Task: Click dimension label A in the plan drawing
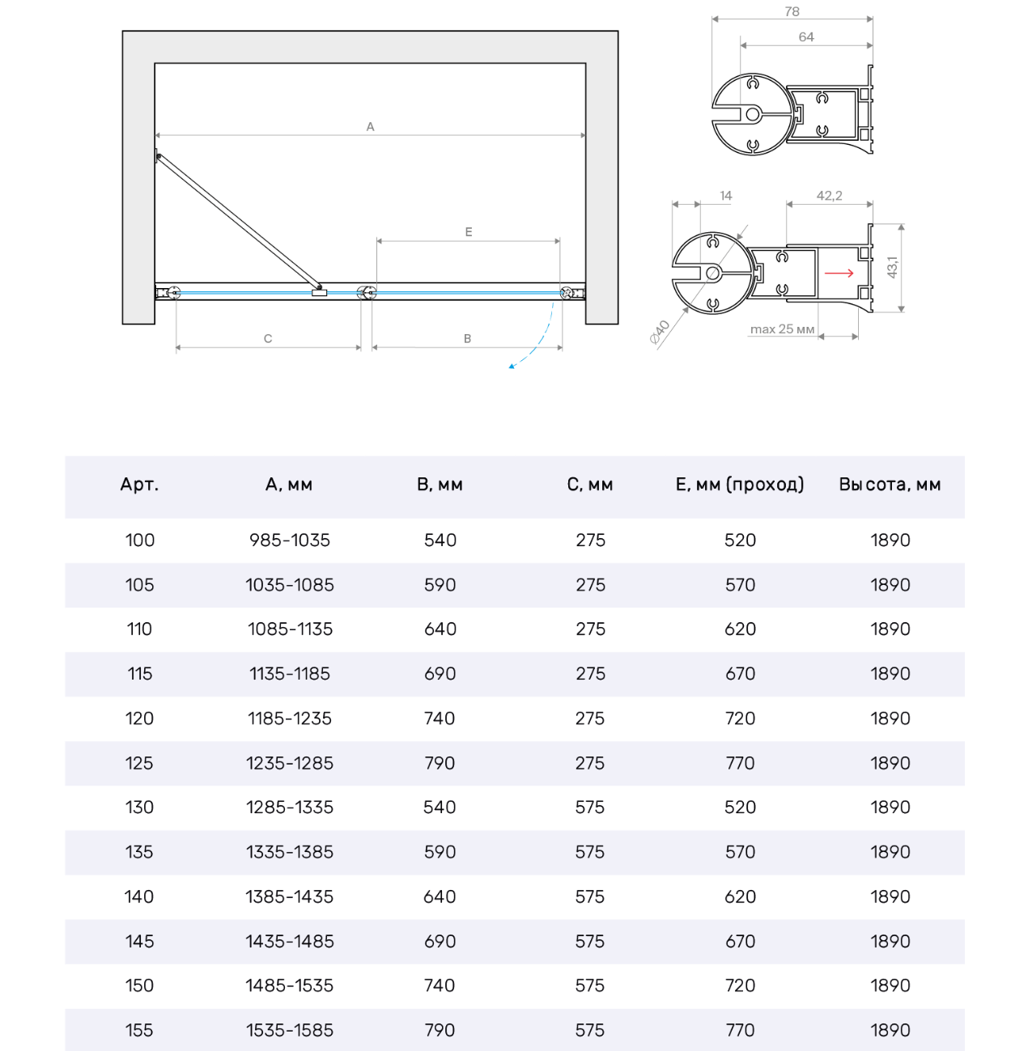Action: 370,127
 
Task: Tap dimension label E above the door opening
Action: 469,232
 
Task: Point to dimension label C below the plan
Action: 268,339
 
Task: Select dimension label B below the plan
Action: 467,339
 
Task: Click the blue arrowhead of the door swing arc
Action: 512,367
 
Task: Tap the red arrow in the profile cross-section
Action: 839,273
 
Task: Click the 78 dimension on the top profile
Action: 792,12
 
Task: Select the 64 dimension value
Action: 806,37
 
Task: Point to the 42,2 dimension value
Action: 829,196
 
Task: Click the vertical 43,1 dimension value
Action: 892,267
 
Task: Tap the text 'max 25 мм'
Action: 782,329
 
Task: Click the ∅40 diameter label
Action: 661,331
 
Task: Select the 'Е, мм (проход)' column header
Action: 740,485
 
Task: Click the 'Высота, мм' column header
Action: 890,485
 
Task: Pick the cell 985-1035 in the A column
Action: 290,540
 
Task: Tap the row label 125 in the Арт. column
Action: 139,763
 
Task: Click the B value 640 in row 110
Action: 440,629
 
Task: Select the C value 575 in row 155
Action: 590,1030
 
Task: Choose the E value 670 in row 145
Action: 740,941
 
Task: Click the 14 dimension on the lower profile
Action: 725,196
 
